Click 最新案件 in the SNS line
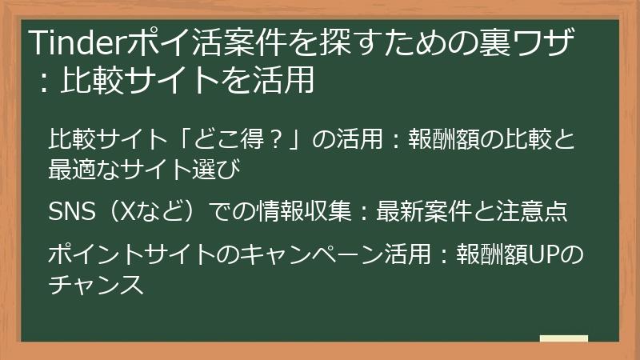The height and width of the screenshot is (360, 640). point(415,211)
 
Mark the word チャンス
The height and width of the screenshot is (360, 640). point(96,283)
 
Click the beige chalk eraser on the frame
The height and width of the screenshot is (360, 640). point(564,338)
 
